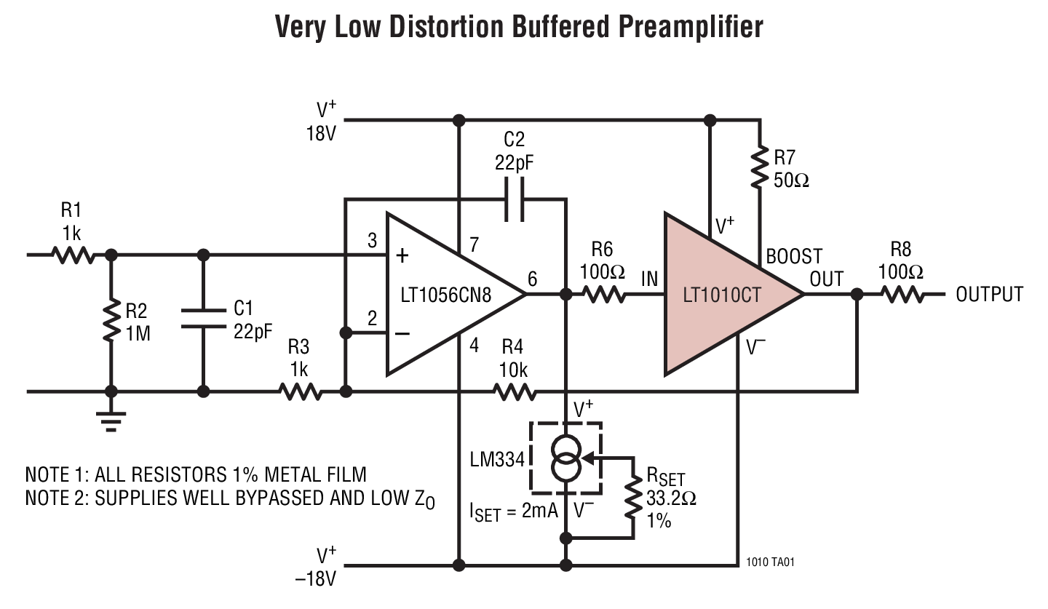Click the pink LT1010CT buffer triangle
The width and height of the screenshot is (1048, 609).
click(720, 295)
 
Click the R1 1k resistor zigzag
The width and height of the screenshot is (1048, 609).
click(73, 255)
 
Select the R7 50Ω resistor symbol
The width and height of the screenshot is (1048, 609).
click(759, 167)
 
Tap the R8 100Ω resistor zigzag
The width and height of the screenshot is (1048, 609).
click(902, 295)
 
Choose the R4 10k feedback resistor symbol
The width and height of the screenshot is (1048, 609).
click(515, 392)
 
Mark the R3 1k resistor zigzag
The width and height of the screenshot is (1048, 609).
click(301, 392)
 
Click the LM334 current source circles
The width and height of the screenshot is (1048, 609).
click(565, 458)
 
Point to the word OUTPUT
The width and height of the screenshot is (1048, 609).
click(989, 295)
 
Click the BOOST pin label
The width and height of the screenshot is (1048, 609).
click(793, 256)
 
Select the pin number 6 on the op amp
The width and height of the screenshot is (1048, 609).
click(532, 279)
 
